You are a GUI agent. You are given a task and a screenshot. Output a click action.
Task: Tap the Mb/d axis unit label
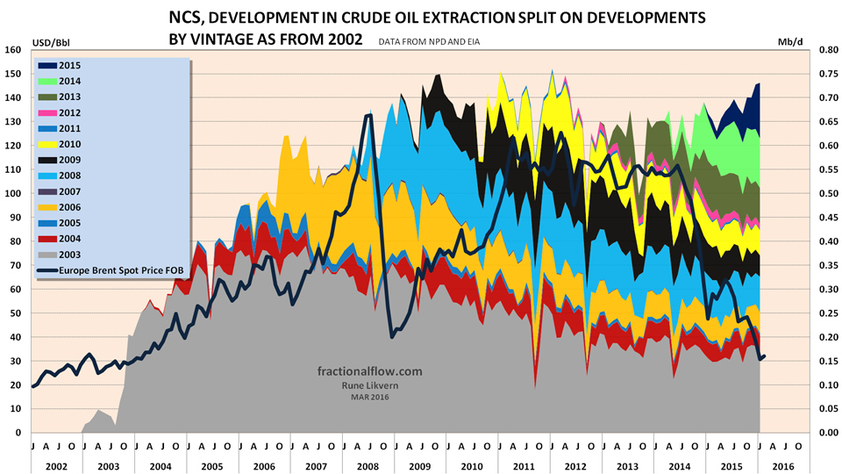tap(790, 40)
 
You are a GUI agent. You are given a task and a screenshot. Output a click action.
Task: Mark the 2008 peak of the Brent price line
tap(368, 115)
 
